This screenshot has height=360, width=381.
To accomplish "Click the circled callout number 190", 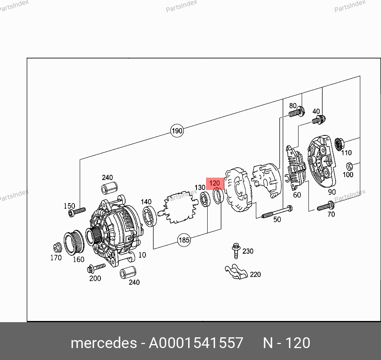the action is pos(177,131).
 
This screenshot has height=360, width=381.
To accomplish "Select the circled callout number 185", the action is pos(184,240).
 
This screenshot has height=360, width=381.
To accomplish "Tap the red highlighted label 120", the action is pos(215,183).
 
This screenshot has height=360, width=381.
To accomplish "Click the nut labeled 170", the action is pos(57,248).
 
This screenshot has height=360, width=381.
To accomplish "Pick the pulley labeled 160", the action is pos(74,243).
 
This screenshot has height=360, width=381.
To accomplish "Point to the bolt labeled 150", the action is pos(77,212).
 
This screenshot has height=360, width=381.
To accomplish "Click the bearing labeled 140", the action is pos(149,216).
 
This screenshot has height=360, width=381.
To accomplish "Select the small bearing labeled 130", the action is pos(205,199).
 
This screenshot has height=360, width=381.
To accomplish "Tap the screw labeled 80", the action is pos(297,112).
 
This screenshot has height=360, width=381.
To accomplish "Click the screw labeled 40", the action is pos(318,120).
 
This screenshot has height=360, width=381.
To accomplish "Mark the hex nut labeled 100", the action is pos(350,166).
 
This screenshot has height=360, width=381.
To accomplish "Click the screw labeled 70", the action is pos(326,206).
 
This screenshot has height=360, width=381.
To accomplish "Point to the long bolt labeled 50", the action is pos(277,212).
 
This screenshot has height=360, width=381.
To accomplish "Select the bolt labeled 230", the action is pos(236,250).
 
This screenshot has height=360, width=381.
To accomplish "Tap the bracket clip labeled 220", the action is pos(236,272).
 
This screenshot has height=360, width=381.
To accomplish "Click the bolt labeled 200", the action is pos(96,268).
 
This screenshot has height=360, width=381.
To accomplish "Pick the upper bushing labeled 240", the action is pos(109,188).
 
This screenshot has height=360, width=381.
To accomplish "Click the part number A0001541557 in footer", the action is pos(196,343).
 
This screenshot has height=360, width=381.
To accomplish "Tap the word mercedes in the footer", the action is pos(104,343).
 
